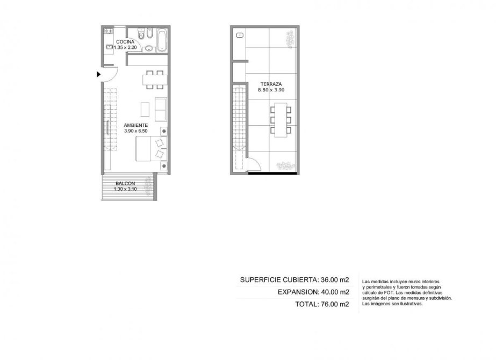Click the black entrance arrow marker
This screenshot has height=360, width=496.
tap(98, 74)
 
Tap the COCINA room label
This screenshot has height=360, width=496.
tap(125, 42)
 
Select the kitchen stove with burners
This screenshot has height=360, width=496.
tap(109, 31)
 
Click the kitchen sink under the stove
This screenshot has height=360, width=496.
tap(109, 47)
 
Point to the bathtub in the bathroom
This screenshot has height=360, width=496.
tap(162, 40)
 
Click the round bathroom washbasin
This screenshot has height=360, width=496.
tap(149, 49)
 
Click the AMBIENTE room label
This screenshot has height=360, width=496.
tap(136, 125)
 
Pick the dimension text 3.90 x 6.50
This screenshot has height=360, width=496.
tap(136, 131)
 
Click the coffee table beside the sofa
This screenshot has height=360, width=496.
tap(145, 109)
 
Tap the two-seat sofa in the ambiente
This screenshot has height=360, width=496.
tap(161, 109)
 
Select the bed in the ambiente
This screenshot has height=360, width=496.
tap(152, 149)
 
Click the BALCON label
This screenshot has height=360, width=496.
tap(125, 183)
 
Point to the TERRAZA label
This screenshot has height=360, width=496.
tap(271, 84)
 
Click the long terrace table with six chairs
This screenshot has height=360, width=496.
tap(281, 120)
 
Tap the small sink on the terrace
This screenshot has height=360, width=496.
tap(240, 35)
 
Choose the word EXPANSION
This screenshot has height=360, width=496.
tap(298, 292)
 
